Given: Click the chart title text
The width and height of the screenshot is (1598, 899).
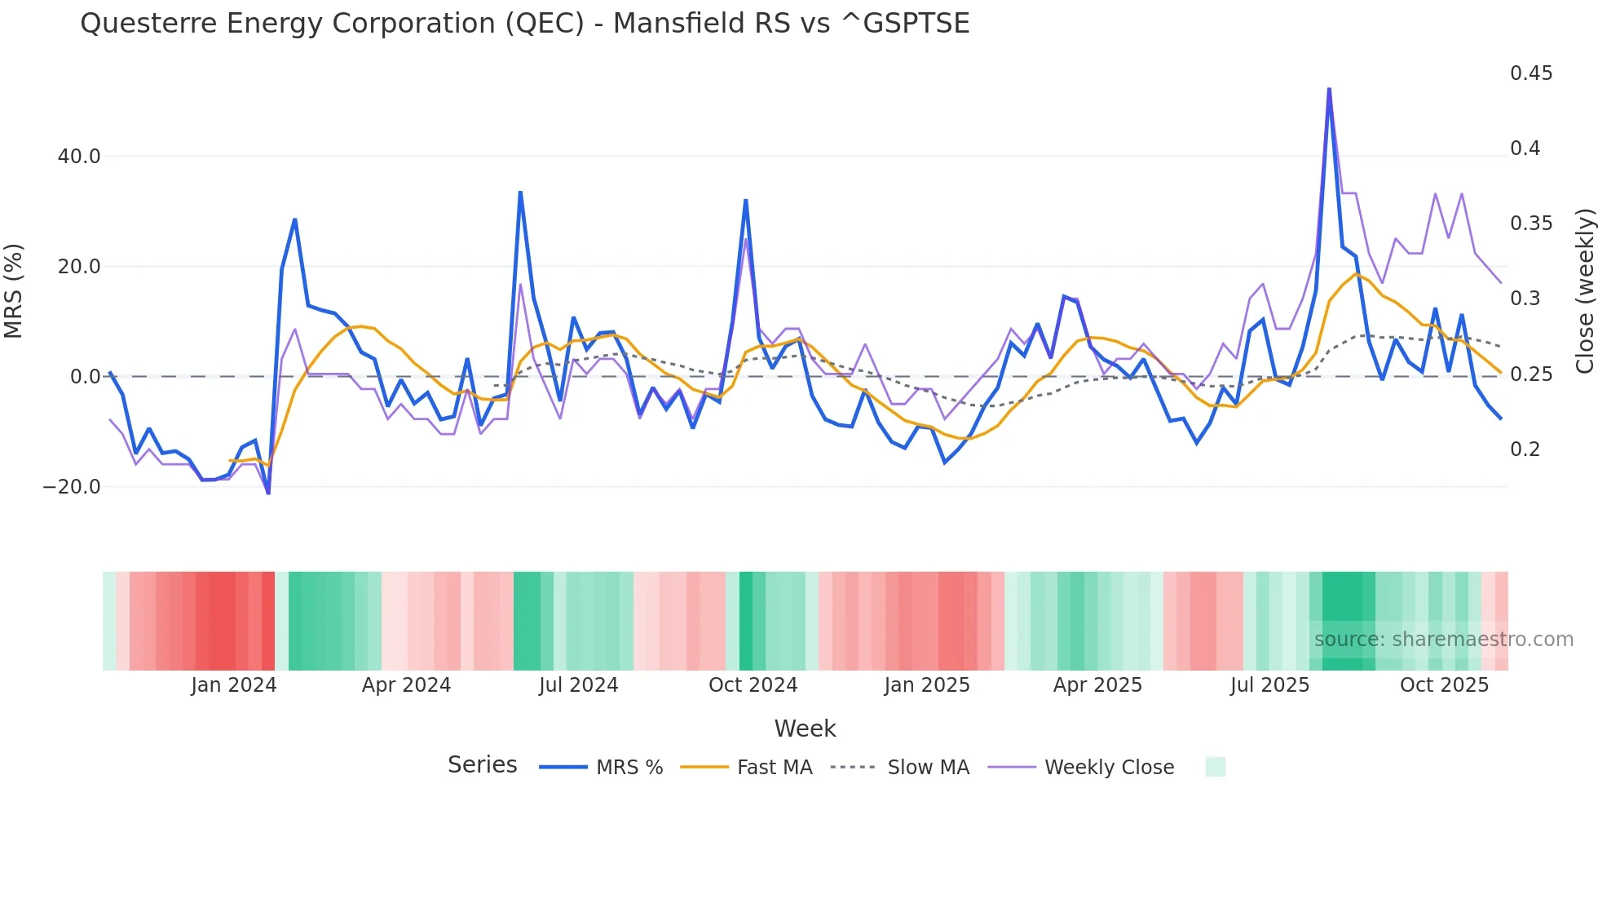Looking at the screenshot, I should point(524,24).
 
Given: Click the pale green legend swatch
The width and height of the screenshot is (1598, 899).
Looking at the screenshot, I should point(1215,767).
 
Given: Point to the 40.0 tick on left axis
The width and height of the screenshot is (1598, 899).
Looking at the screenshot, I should point(79,157).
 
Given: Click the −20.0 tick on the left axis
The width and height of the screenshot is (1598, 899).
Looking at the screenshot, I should point(72,487).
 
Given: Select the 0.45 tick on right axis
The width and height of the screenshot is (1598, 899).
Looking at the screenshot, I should point(1530,73).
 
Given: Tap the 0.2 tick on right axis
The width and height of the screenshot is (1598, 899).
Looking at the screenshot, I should point(1525,449).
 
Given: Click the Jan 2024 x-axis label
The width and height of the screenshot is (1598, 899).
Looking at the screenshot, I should point(234,685).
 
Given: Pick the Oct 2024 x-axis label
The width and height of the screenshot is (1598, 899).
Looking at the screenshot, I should point(753,685).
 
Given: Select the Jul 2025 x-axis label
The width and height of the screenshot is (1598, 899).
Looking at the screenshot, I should point(1269,685).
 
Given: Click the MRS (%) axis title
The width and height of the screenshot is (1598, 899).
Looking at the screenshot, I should point(14,291).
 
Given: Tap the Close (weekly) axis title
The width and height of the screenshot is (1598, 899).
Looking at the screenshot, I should point(1584,291).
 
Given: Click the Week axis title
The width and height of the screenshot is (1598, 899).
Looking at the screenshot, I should point(805,728).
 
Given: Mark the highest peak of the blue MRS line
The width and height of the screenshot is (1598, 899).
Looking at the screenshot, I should point(1329,89).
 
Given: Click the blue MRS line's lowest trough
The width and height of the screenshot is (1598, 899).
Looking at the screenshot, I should point(268,493).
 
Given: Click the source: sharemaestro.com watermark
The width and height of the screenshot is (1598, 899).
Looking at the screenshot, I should point(1443,640).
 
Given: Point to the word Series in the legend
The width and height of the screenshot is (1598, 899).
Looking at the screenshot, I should point(482,765).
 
